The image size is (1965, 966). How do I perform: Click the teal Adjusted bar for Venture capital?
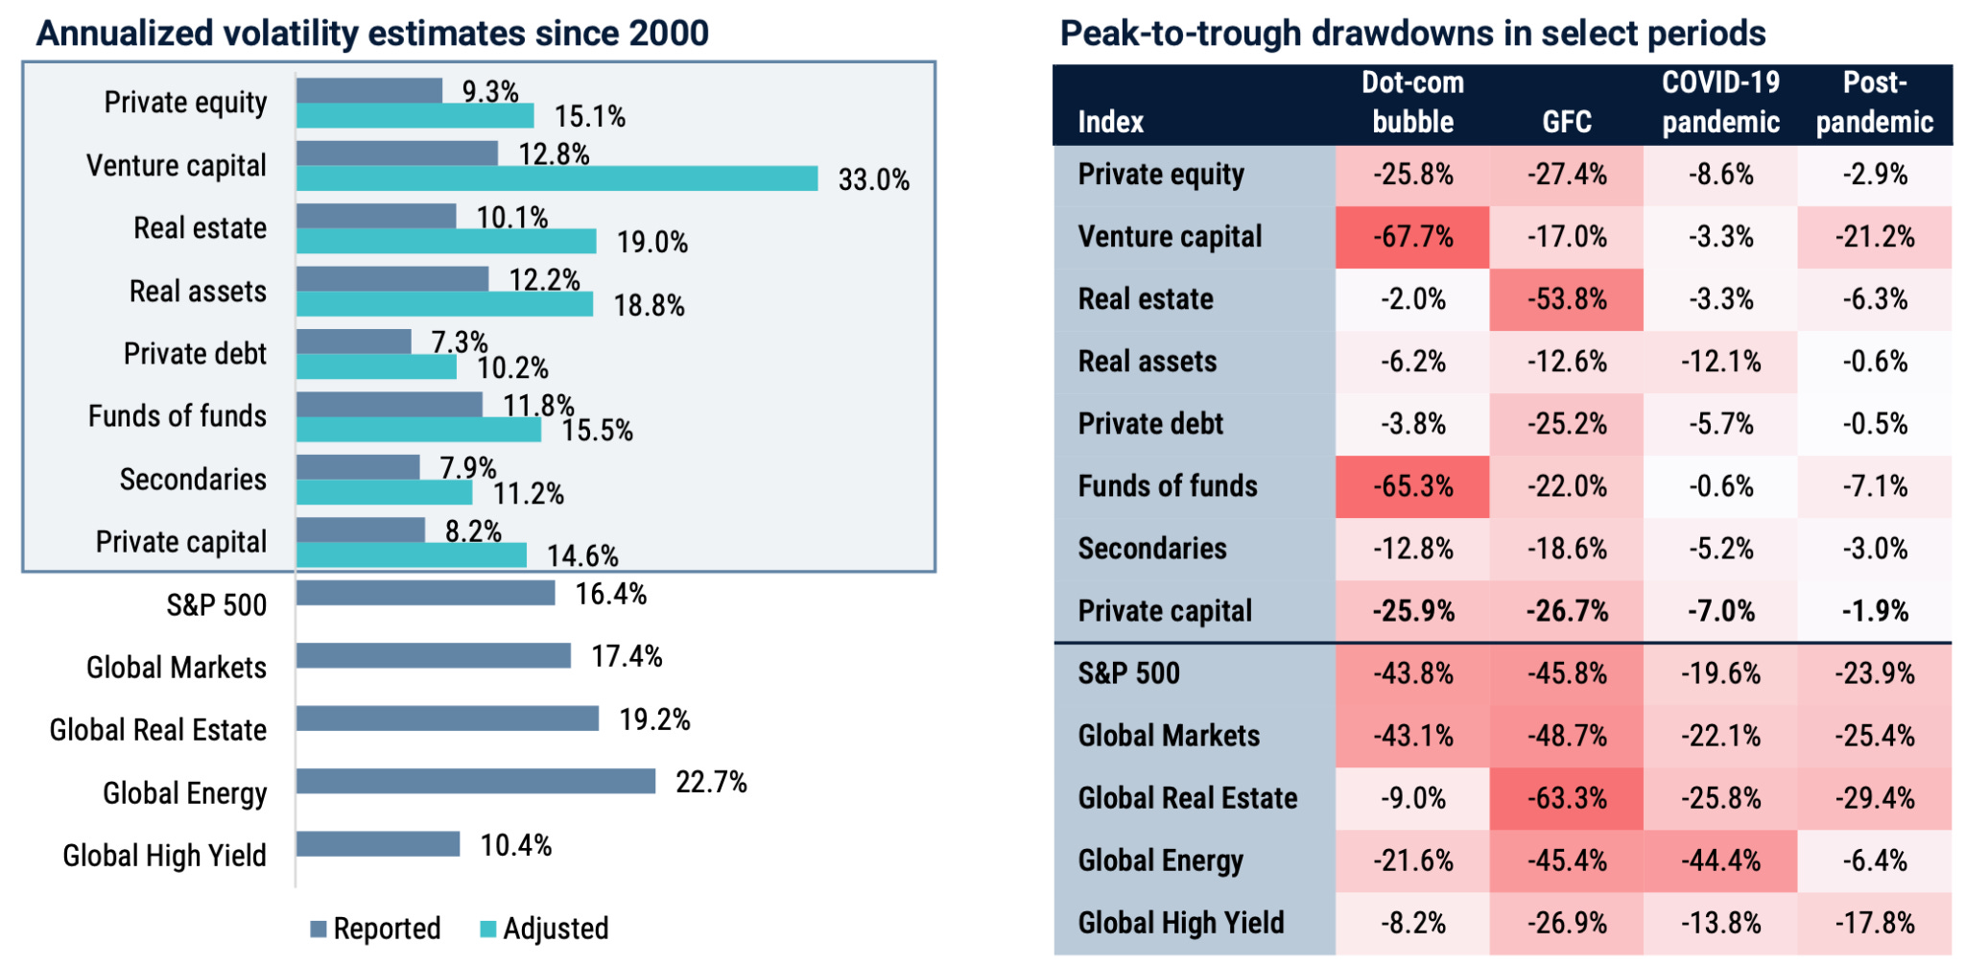tap(556, 178)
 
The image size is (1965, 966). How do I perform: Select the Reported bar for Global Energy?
tap(476, 782)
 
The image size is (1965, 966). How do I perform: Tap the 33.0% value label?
tap(874, 179)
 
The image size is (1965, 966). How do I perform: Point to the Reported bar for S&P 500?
tap(426, 594)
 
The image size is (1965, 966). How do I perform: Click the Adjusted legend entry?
tap(544, 929)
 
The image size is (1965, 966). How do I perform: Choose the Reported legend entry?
tap(375, 929)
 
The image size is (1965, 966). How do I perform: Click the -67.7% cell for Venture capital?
tap(1412, 237)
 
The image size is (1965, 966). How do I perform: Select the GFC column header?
tap(1567, 122)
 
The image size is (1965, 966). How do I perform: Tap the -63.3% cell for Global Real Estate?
tap(1567, 798)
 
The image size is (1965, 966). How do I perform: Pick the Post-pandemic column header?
tap(1875, 103)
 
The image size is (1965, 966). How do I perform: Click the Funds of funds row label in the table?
tap(1168, 486)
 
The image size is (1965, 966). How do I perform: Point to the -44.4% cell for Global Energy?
tap(1720, 860)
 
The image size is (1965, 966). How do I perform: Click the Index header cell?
tap(1111, 122)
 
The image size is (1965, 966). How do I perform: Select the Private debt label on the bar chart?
tap(195, 354)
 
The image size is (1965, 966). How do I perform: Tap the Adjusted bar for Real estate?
tap(446, 241)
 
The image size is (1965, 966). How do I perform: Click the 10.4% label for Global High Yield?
tap(516, 845)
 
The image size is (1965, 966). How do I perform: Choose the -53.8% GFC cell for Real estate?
tap(1567, 299)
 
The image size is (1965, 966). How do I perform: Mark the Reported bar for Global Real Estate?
tap(448, 719)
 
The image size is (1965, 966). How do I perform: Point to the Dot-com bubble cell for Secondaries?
tap(1412, 549)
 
